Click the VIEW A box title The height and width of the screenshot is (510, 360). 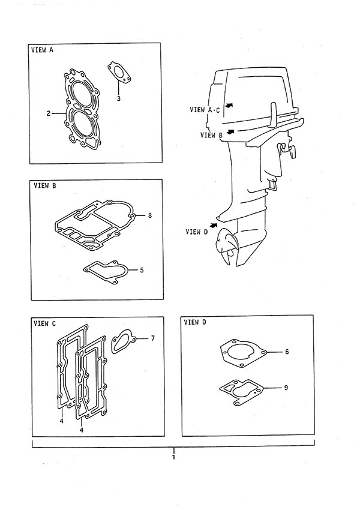click(42, 50)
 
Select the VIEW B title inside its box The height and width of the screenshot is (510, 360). click(45, 185)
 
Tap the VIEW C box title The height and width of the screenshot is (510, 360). click(45, 323)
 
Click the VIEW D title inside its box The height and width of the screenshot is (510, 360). click(195, 322)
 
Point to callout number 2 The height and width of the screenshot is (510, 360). click(49, 113)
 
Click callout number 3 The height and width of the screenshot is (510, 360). click(119, 98)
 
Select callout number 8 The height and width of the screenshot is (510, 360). click(149, 215)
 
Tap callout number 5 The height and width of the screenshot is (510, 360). click(142, 270)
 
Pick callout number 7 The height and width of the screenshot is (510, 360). click(153, 338)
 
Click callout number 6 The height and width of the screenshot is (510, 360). click(287, 352)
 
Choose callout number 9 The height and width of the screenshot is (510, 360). click(286, 388)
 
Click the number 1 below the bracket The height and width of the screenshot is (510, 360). click(173, 457)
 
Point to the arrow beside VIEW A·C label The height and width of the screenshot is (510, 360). click(230, 105)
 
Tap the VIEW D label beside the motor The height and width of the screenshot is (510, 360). click(196, 232)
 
